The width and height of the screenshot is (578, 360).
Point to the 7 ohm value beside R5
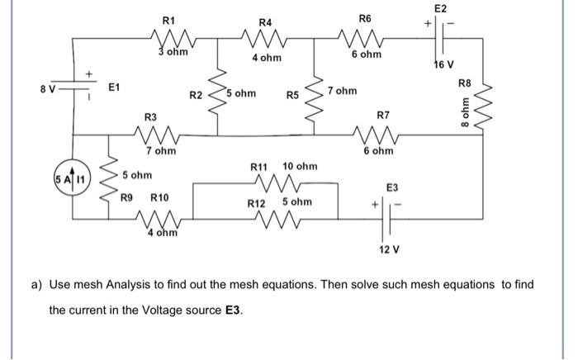pyautogui.click(x=342, y=90)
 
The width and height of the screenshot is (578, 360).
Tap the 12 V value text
pyautogui.click(x=388, y=249)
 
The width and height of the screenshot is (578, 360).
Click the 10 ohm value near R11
pyautogui.click(x=300, y=167)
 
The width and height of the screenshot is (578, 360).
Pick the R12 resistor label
pyautogui.click(x=258, y=202)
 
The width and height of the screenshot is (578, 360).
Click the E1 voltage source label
pyautogui.click(x=115, y=86)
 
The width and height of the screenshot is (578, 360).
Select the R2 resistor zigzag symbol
pyautogui.click(x=219, y=92)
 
